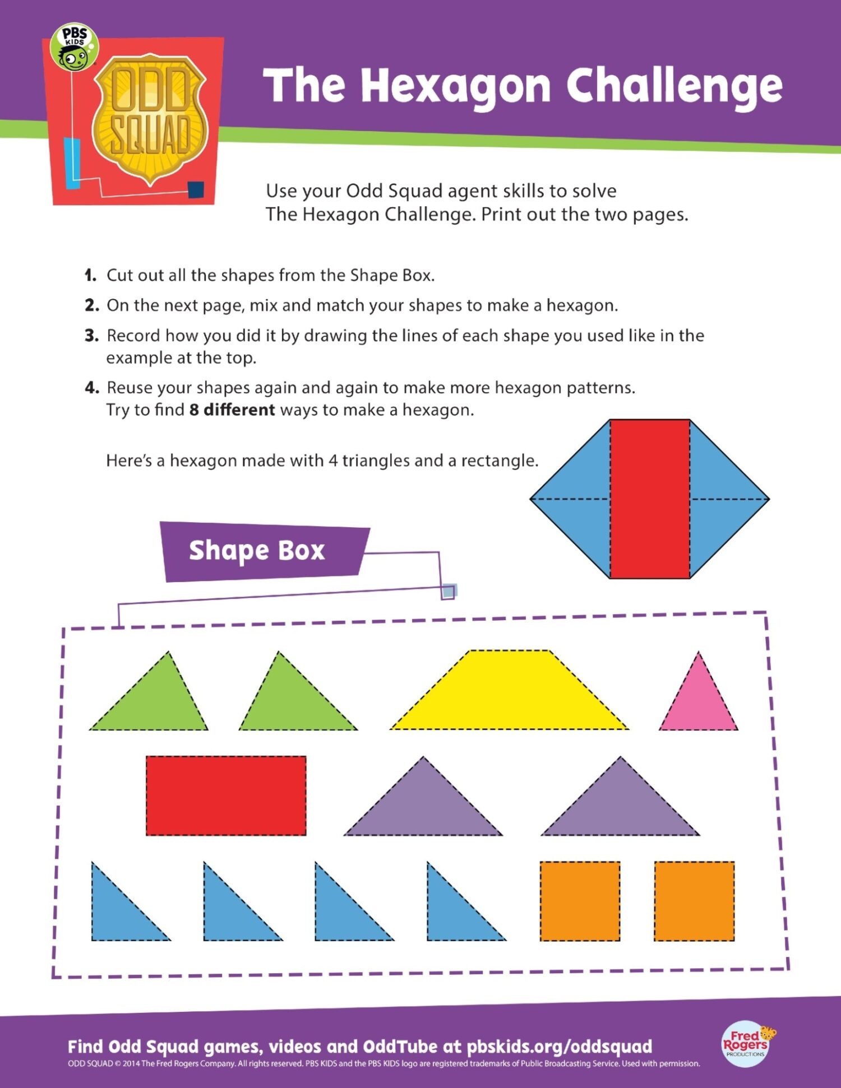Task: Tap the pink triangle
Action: pyautogui.click(x=699, y=703)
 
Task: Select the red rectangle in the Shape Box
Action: pyautogui.click(x=226, y=796)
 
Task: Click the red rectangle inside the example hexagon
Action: pyautogui.click(x=650, y=499)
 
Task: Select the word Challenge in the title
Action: pyautogui.click(x=674, y=86)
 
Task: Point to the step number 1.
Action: pyautogui.click(x=90, y=276)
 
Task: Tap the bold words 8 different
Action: pyautogui.click(x=232, y=410)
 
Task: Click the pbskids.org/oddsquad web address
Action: pyautogui.click(x=559, y=1047)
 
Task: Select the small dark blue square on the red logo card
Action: pyautogui.click(x=196, y=190)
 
